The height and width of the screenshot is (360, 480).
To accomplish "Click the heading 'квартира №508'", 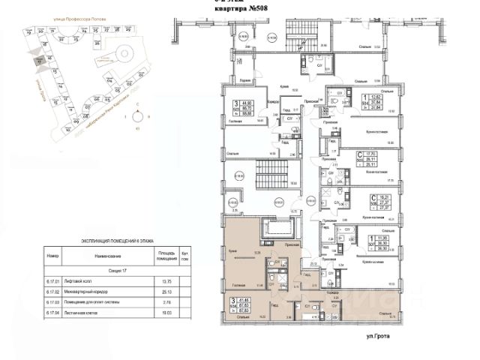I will (x=242, y=9).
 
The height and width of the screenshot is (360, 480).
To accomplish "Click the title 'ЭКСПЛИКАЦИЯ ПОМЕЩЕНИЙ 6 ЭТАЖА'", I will (x=117, y=242).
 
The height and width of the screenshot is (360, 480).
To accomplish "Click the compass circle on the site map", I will (x=138, y=116).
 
